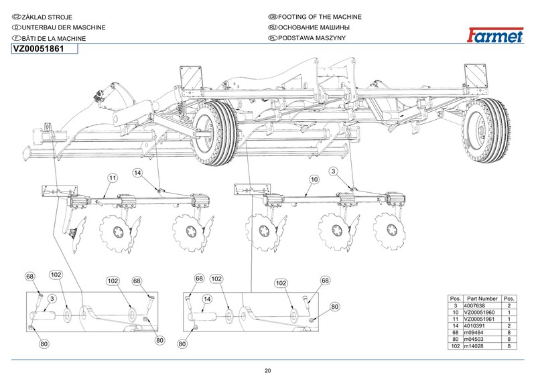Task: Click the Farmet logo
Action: [x=495, y=35]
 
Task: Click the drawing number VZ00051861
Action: [x=39, y=49]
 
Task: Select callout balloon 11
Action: [x=113, y=178]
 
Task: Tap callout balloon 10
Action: [x=314, y=179]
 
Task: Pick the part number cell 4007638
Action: [x=474, y=305]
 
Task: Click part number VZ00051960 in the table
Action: [x=479, y=312]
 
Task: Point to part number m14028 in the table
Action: [x=474, y=346]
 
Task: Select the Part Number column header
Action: [x=482, y=299]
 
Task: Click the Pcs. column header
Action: [x=509, y=299]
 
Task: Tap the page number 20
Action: [x=267, y=371]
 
